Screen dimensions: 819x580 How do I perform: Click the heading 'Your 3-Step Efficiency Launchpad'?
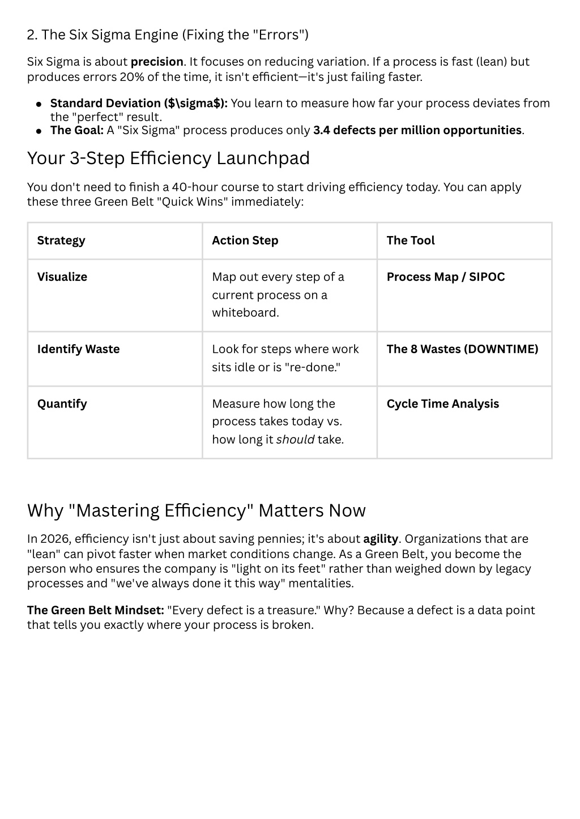(x=168, y=158)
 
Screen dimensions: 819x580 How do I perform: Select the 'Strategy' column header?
(x=61, y=241)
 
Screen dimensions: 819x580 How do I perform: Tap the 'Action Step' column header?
(x=245, y=241)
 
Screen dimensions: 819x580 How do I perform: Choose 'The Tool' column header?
(x=411, y=241)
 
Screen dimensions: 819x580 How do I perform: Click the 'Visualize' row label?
(x=62, y=277)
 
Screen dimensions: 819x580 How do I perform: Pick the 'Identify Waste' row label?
(x=78, y=349)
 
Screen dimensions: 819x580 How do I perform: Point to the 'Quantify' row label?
(x=62, y=404)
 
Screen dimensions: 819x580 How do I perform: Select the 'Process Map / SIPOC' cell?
(x=445, y=277)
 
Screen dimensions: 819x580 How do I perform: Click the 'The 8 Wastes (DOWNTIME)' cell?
(x=462, y=349)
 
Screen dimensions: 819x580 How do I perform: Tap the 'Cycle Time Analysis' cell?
(x=442, y=404)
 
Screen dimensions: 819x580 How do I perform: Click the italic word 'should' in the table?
(x=295, y=440)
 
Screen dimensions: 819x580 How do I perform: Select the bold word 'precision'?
(x=157, y=62)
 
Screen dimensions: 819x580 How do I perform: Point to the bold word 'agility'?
(x=381, y=539)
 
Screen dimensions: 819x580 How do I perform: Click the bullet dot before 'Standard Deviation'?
(x=39, y=104)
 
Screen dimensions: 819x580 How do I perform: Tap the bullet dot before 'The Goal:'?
(x=39, y=131)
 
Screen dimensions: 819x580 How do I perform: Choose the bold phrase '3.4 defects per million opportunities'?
(x=417, y=130)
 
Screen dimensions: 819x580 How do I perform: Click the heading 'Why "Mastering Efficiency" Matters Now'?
(x=196, y=511)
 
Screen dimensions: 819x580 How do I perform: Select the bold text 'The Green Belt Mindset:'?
(x=95, y=610)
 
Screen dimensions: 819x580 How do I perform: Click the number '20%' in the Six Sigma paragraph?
(x=131, y=76)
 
